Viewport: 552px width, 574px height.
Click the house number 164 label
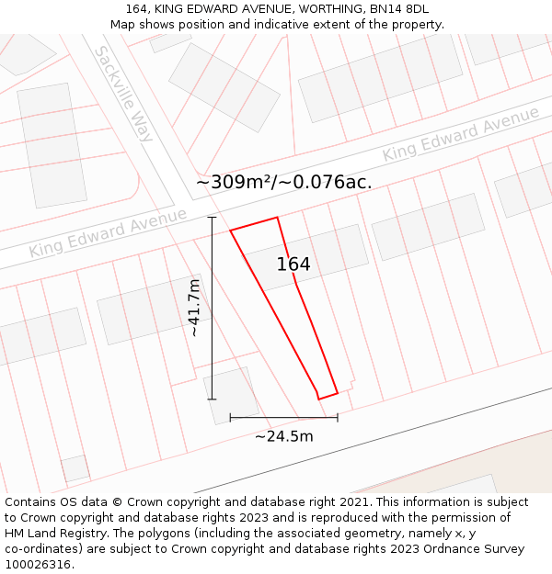pos(293,264)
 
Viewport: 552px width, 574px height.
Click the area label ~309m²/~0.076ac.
pos(284,182)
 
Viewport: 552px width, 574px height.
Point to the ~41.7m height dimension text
pos(194,308)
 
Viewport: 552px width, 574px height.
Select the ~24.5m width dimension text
pos(283,436)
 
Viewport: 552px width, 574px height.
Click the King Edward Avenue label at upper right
pos(461,134)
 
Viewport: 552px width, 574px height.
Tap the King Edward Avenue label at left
pos(108,232)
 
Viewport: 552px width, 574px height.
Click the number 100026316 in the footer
pos(40,564)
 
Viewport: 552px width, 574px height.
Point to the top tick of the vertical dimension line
pos(213,218)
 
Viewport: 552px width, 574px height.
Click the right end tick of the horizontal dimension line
pos(338,418)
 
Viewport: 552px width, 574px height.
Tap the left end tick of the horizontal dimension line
pos(230,418)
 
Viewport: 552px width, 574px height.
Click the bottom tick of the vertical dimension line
pos(213,399)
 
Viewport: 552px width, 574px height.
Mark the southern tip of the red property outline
pos(319,398)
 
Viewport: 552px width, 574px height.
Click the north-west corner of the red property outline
pos(230,230)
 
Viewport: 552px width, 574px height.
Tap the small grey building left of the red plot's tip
pos(231,395)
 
